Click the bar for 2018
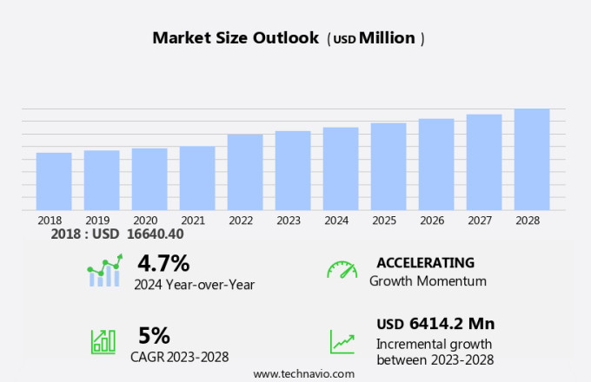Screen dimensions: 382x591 point(54,181)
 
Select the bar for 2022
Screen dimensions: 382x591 point(245,172)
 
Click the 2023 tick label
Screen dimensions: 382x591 point(289,221)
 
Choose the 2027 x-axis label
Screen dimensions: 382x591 point(484,221)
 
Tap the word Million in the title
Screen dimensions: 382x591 point(387,38)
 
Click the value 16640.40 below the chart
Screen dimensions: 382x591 point(156,234)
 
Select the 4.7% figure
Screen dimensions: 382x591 point(163,263)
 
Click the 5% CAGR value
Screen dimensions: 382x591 point(154,336)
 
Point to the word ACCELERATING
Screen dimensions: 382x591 point(426,263)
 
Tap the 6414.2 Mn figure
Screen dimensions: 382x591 point(451,324)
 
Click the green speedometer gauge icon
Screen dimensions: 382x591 point(342,270)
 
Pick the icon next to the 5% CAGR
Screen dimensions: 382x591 point(103,341)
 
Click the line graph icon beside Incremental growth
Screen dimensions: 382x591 point(342,341)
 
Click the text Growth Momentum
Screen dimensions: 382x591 point(428,281)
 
